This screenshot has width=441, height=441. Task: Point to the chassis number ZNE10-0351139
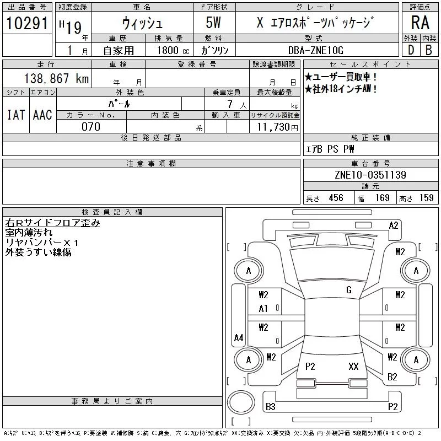click(x=370, y=175)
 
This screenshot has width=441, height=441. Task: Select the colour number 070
click(x=91, y=127)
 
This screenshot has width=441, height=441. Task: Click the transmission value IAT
click(x=15, y=115)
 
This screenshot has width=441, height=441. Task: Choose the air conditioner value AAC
click(x=42, y=115)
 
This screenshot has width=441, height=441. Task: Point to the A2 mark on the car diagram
click(x=394, y=225)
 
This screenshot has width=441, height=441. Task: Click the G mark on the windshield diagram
click(x=349, y=289)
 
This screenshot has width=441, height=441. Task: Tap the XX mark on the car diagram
click(x=353, y=366)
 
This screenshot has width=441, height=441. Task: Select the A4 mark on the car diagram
click(x=239, y=337)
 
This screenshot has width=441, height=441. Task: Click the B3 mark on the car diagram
click(x=271, y=407)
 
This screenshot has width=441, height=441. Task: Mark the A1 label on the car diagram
click(x=263, y=309)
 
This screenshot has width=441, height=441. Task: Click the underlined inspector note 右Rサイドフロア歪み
click(x=52, y=223)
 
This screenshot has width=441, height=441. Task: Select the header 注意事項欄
click(x=151, y=164)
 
